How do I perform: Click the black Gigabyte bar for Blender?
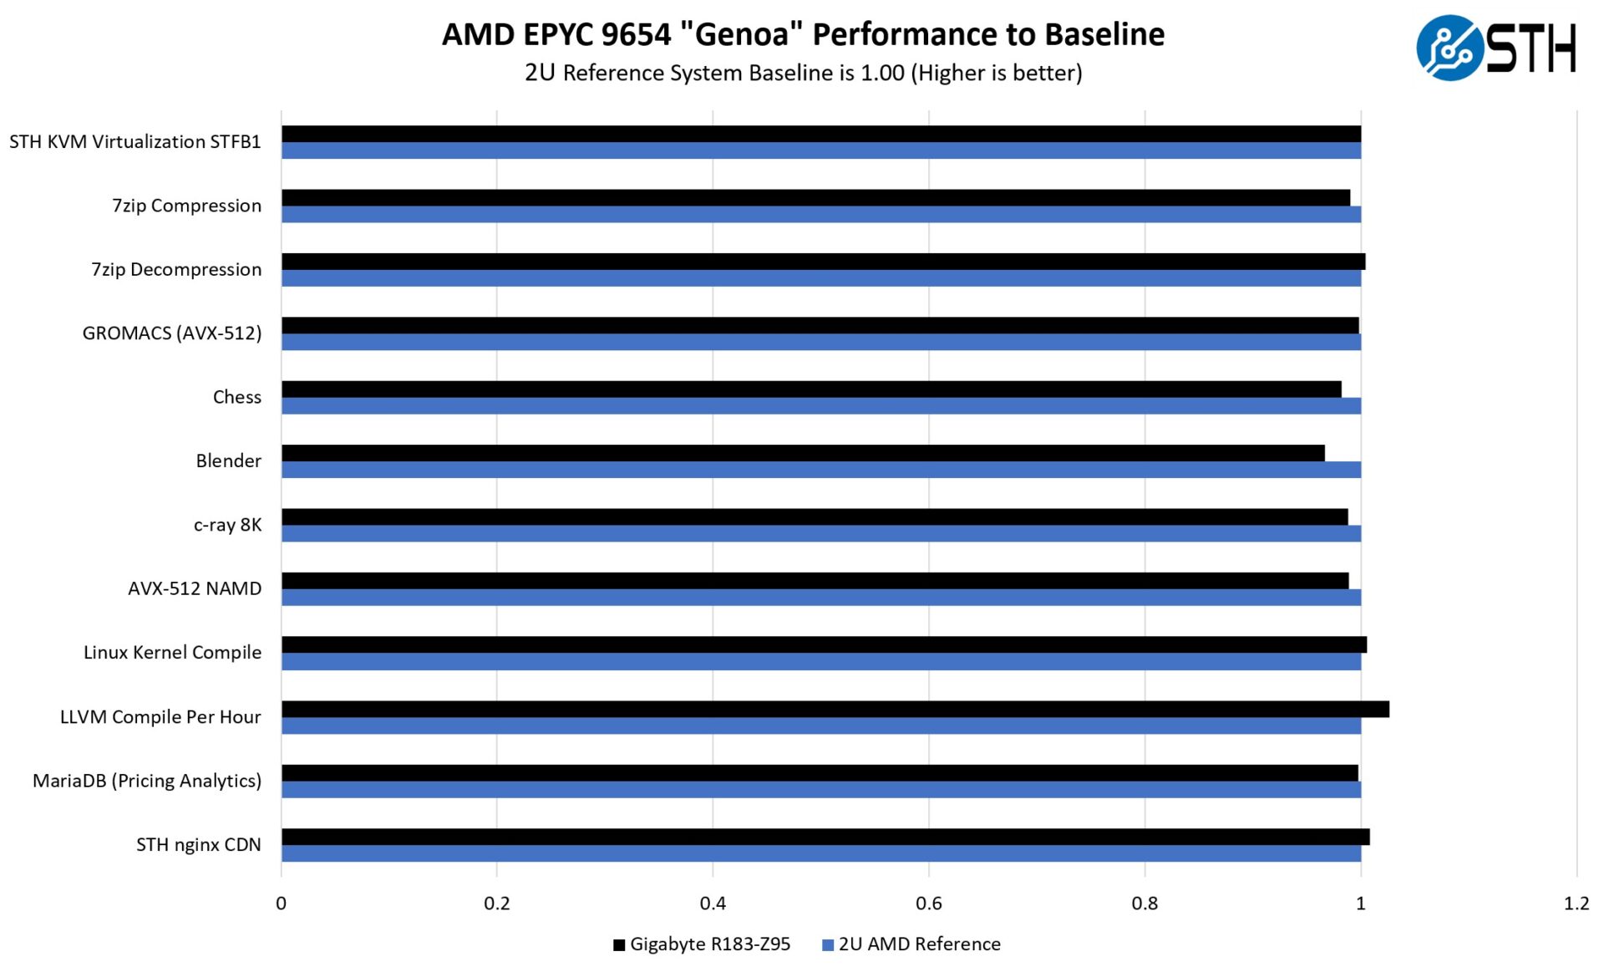tap(802, 453)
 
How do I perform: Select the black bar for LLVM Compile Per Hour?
tap(835, 709)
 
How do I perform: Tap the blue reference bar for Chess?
tap(820, 406)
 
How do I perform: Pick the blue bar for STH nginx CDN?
tap(820, 853)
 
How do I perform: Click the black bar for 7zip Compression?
tap(815, 197)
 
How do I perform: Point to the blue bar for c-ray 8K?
tap(820, 533)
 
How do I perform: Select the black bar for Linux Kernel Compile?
tap(824, 644)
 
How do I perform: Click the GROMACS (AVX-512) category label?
tap(171, 333)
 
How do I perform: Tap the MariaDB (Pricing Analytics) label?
tap(146, 781)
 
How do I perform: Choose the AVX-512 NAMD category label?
tap(194, 588)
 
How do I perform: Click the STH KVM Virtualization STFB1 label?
tap(135, 141)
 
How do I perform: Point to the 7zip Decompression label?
tap(175, 269)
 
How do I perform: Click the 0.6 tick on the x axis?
tap(928, 903)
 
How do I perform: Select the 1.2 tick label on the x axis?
tap(1576, 903)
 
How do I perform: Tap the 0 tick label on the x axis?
tap(281, 903)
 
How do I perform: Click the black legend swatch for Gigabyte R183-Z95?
tap(619, 945)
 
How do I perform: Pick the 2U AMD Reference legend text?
tap(919, 944)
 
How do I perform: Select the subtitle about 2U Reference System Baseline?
tap(803, 73)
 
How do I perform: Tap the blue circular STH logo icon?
tap(1449, 48)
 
